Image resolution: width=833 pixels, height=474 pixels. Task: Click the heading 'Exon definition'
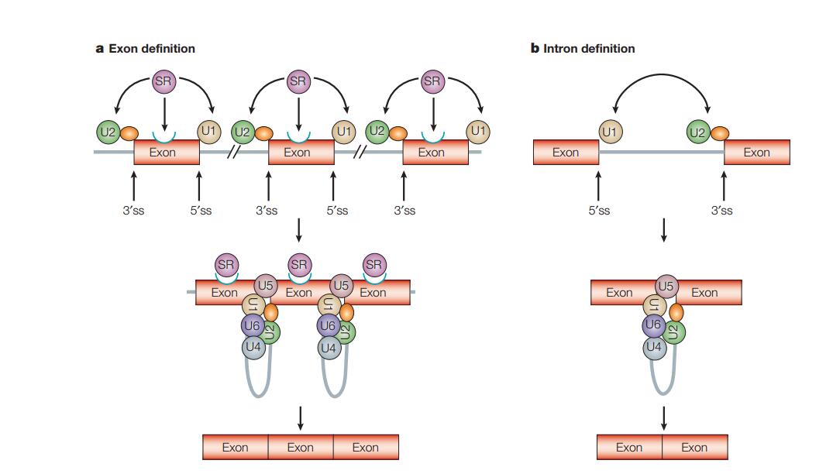tap(151, 49)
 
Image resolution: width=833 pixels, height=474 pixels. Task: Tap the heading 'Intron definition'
tap(589, 49)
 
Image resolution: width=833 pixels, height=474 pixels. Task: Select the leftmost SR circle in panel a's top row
tap(164, 82)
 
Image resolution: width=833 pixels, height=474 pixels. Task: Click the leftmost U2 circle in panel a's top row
tap(108, 132)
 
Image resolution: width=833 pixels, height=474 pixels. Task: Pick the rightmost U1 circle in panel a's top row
tap(478, 132)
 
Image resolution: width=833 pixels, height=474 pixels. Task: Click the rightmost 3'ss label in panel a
tap(404, 210)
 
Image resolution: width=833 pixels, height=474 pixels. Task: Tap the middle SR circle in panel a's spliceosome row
tap(299, 265)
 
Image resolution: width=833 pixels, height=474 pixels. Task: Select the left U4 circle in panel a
tap(253, 348)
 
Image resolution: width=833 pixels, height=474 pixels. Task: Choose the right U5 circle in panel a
tap(342, 286)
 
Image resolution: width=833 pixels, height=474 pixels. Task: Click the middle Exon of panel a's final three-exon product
tap(301, 447)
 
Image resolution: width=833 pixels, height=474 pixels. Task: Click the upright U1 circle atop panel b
tap(610, 132)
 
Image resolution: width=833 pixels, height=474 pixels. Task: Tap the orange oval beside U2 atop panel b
tap(720, 133)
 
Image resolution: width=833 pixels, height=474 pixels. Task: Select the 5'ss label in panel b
tap(598, 210)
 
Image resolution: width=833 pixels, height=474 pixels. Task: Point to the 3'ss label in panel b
tap(721, 210)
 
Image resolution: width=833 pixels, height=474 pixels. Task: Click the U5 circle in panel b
tap(666, 286)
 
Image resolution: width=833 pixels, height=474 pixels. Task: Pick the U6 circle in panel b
tap(653, 326)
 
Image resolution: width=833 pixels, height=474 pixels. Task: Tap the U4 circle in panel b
tap(654, 347)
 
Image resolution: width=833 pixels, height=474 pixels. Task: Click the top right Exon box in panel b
tap(756, 153)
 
